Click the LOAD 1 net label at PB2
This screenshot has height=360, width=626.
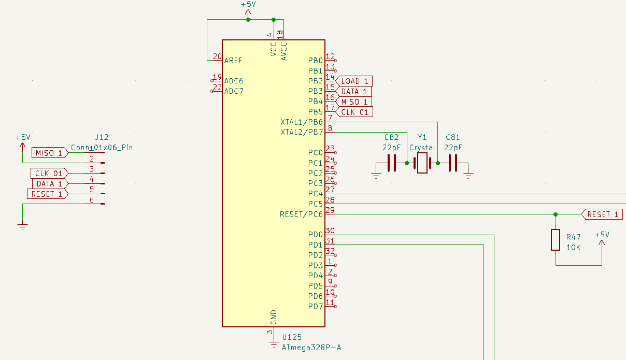(x=354, y=81)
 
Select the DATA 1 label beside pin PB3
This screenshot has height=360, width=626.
(x=353, y=91)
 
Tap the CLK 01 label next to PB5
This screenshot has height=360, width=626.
(x=354, y=112)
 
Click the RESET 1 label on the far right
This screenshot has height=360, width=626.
(x=602, y=214)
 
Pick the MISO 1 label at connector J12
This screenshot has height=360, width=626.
(x=50, y=153)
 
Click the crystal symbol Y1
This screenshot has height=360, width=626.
(x=422, y=163)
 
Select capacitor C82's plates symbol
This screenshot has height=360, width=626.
(x=392, y=163)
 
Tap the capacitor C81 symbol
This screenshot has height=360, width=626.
(x=453, y=163)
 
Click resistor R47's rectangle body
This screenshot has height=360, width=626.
(x=556, y=240)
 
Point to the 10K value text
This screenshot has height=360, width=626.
(x=574, y=248)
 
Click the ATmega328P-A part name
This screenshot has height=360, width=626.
(x=311, y=348)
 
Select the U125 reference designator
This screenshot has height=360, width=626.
(x=292, y=337)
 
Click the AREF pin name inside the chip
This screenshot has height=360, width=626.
(x=233, y=60)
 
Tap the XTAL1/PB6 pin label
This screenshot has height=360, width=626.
(x=302, y=122)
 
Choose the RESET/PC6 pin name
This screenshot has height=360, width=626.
(x=301, y=214)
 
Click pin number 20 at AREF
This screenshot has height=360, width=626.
(x=217, y=56)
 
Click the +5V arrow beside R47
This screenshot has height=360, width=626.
(x=602, y=243)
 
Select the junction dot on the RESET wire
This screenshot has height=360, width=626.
(x=556, y=214)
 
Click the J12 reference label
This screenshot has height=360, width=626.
(x=102, y=137)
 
